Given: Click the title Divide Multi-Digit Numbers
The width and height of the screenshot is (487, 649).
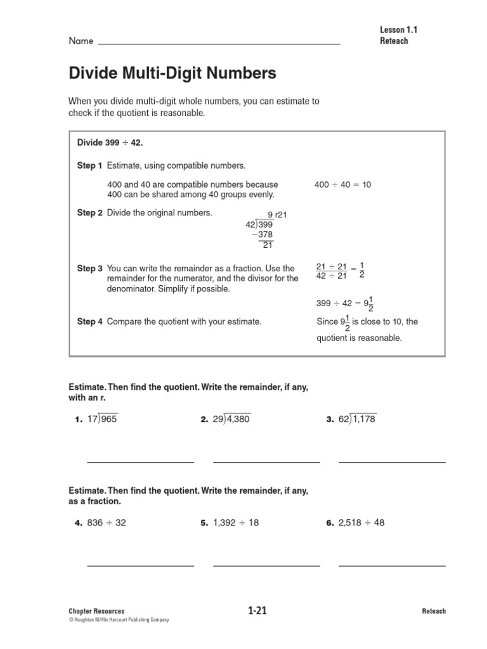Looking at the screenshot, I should (x=172, y=74).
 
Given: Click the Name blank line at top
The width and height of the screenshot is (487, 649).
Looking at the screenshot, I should (x=219, y=43).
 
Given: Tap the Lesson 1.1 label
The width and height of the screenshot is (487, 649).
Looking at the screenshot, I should (x=399, y=30).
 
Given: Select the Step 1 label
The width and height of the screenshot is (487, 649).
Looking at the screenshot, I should (x=89, y=166).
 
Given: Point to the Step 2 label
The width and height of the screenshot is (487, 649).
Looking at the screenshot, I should (x=89, y=213).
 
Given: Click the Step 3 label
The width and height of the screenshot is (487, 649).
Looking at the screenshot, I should (x=89, y=269).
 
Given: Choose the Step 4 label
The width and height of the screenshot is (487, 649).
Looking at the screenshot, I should (x=89, y=322).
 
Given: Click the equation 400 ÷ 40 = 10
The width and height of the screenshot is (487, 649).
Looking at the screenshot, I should (x=342, y=185).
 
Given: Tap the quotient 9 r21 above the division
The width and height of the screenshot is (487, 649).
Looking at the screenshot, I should (x=277, y=215).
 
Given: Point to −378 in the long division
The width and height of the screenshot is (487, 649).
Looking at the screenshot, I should (x=262, y=235).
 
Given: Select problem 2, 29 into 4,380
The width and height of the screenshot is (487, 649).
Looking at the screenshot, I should (x=231, y=419).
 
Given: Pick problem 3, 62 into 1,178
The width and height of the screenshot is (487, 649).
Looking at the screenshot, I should (x=357, y=419).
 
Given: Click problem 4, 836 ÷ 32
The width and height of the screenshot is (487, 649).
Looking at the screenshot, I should (x=106, y=523).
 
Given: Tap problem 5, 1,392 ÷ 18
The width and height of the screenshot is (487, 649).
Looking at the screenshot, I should (x=235, y=523).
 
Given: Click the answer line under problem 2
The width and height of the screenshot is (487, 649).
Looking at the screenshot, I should (x=266, y=462).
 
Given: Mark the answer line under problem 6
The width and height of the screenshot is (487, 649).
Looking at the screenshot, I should (x=392, y=566).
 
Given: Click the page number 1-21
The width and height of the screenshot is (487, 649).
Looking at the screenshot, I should (x=257, y=611).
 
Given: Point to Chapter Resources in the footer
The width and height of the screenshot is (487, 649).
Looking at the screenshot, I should (x=96, y=611).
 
